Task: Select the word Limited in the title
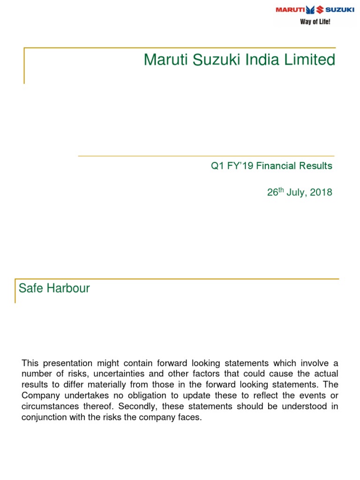tap(314, 60)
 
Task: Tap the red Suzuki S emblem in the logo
tap(320, 9)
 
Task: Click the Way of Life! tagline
tap(315, 22)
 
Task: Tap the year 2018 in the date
tap(322, 193)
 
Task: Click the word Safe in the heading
tap(30, 289)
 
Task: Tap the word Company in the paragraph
tap(39, 396)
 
